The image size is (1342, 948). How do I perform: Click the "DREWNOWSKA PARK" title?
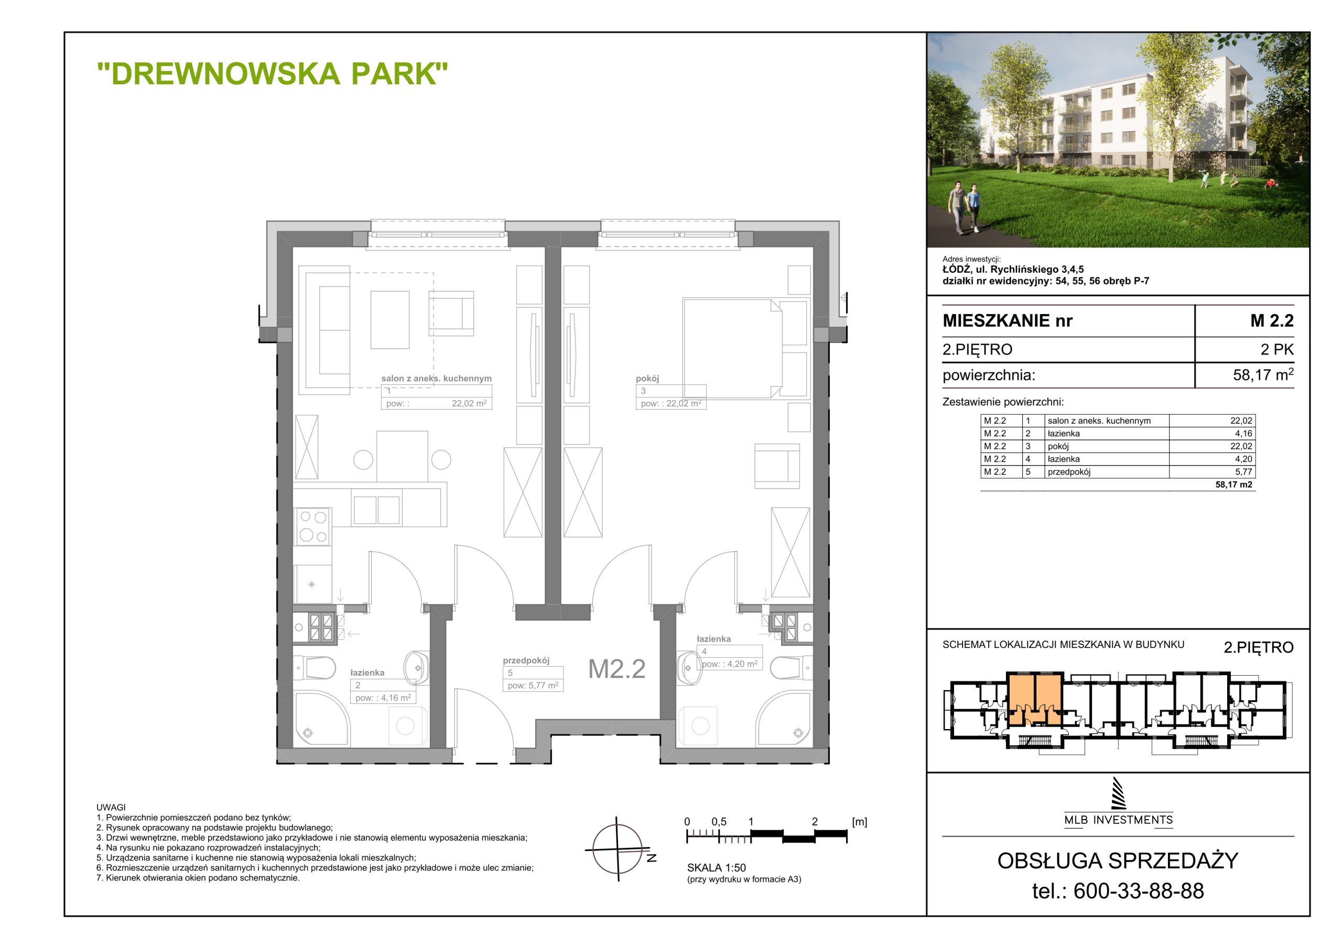273,74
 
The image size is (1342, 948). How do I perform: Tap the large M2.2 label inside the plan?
616,669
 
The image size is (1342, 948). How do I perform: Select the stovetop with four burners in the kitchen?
313,526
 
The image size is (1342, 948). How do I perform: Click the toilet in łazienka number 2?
315,666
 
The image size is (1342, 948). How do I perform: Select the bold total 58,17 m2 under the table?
1234,485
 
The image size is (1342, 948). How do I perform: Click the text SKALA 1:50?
717,868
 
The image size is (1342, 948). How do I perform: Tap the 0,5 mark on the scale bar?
719,822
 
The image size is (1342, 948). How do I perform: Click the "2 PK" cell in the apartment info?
1276,349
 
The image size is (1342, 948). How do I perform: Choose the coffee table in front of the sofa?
390,320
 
